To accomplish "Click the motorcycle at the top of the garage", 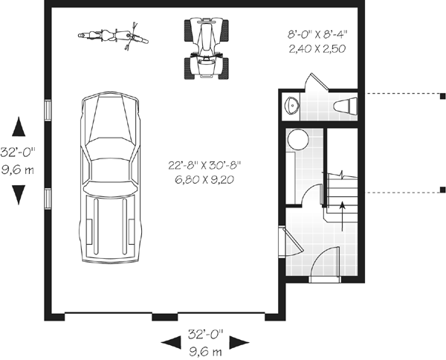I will [110, 36].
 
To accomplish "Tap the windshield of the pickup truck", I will [111, 149].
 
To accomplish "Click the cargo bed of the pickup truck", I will [110, 227].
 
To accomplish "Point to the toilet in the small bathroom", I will [344, 106].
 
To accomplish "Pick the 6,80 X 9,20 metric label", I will [203, 180].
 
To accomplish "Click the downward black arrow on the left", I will [19, 196].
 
